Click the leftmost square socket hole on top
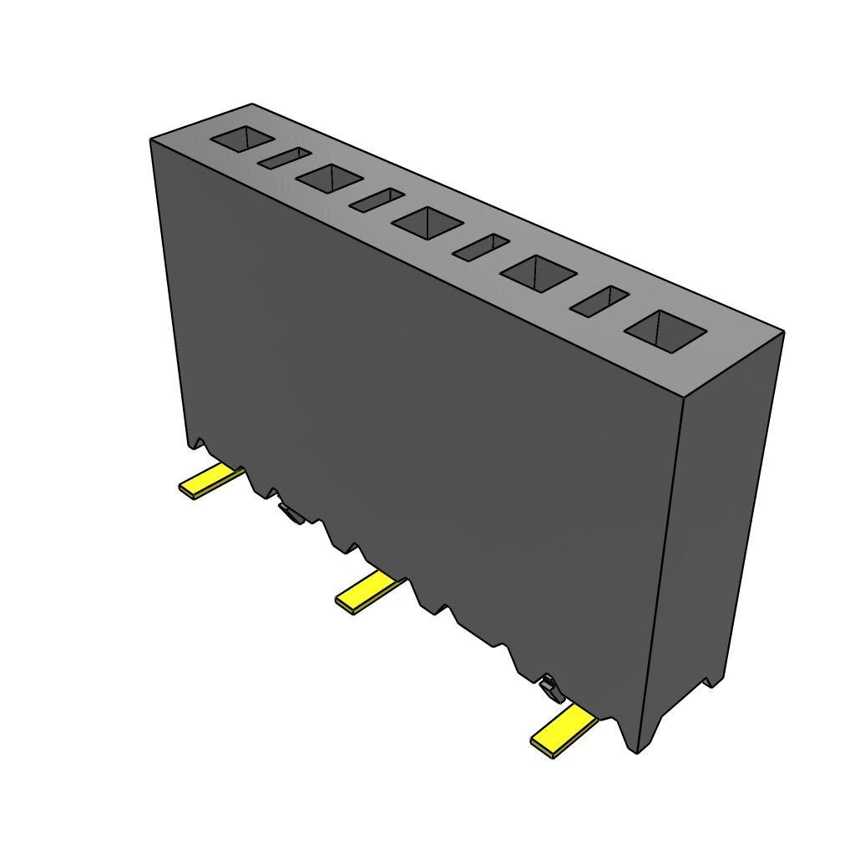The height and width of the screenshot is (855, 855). [243, 139]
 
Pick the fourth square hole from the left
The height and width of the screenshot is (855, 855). [539, 274]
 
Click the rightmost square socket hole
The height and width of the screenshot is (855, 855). [665, 331]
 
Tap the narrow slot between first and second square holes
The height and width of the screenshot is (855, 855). [284, 158]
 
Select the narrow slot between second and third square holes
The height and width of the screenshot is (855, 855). [377, 200]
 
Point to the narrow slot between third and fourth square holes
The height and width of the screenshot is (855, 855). [481, 246]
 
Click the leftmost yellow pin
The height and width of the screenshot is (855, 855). [210, 481]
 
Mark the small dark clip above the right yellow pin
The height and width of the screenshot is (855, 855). [550, 688]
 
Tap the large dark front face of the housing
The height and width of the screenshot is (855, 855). [417, 417]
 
